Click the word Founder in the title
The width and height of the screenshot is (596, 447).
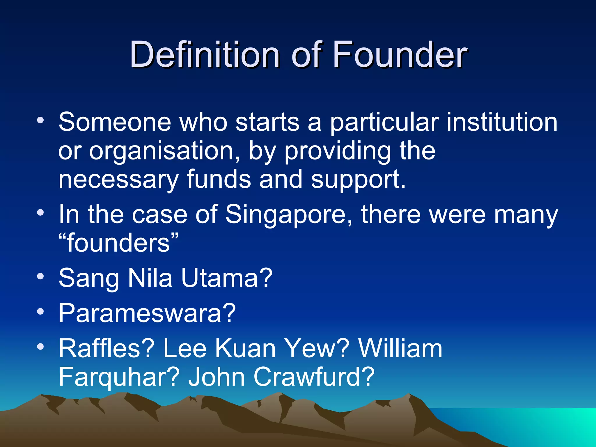click(400, 54)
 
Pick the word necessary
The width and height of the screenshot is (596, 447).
click(118, 180)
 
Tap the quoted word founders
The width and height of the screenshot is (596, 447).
click(118, 243)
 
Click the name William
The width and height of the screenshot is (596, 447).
click(400, 348)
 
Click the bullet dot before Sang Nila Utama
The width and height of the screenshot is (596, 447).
click(40, 276)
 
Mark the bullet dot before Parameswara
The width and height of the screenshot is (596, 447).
click(40, 312)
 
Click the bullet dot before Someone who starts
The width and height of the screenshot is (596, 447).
click(40, 120)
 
